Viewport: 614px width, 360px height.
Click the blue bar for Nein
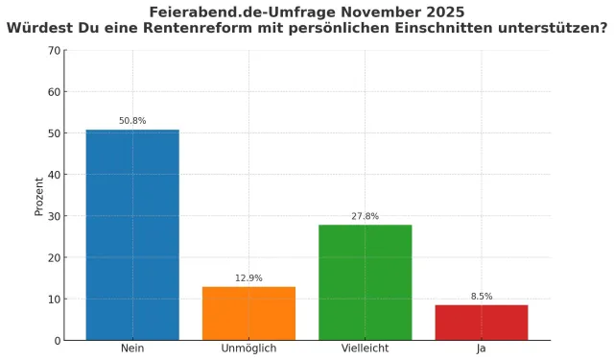point(132,234)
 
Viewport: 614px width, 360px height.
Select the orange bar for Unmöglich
point(248,313)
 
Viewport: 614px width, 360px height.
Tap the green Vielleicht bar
point(365,282)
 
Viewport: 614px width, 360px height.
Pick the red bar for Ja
point(482,322)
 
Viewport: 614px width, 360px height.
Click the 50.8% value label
point(132,121)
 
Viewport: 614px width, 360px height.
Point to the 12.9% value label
point(248,278)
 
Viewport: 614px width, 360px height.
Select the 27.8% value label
point(365,217)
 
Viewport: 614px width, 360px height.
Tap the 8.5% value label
point(482,297)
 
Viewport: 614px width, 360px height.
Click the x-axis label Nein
point(132,348)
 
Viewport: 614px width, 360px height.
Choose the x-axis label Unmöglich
point(248,348)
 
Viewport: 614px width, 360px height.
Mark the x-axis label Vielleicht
point(365,348)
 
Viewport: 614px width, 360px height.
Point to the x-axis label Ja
point(482,348)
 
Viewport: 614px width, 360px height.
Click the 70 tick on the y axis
point(55,51)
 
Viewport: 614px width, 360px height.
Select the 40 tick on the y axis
point(55,175)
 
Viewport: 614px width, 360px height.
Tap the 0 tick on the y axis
point(58,340)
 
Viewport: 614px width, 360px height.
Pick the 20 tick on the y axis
point(55,257)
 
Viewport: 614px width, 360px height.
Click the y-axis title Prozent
point(39,195)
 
